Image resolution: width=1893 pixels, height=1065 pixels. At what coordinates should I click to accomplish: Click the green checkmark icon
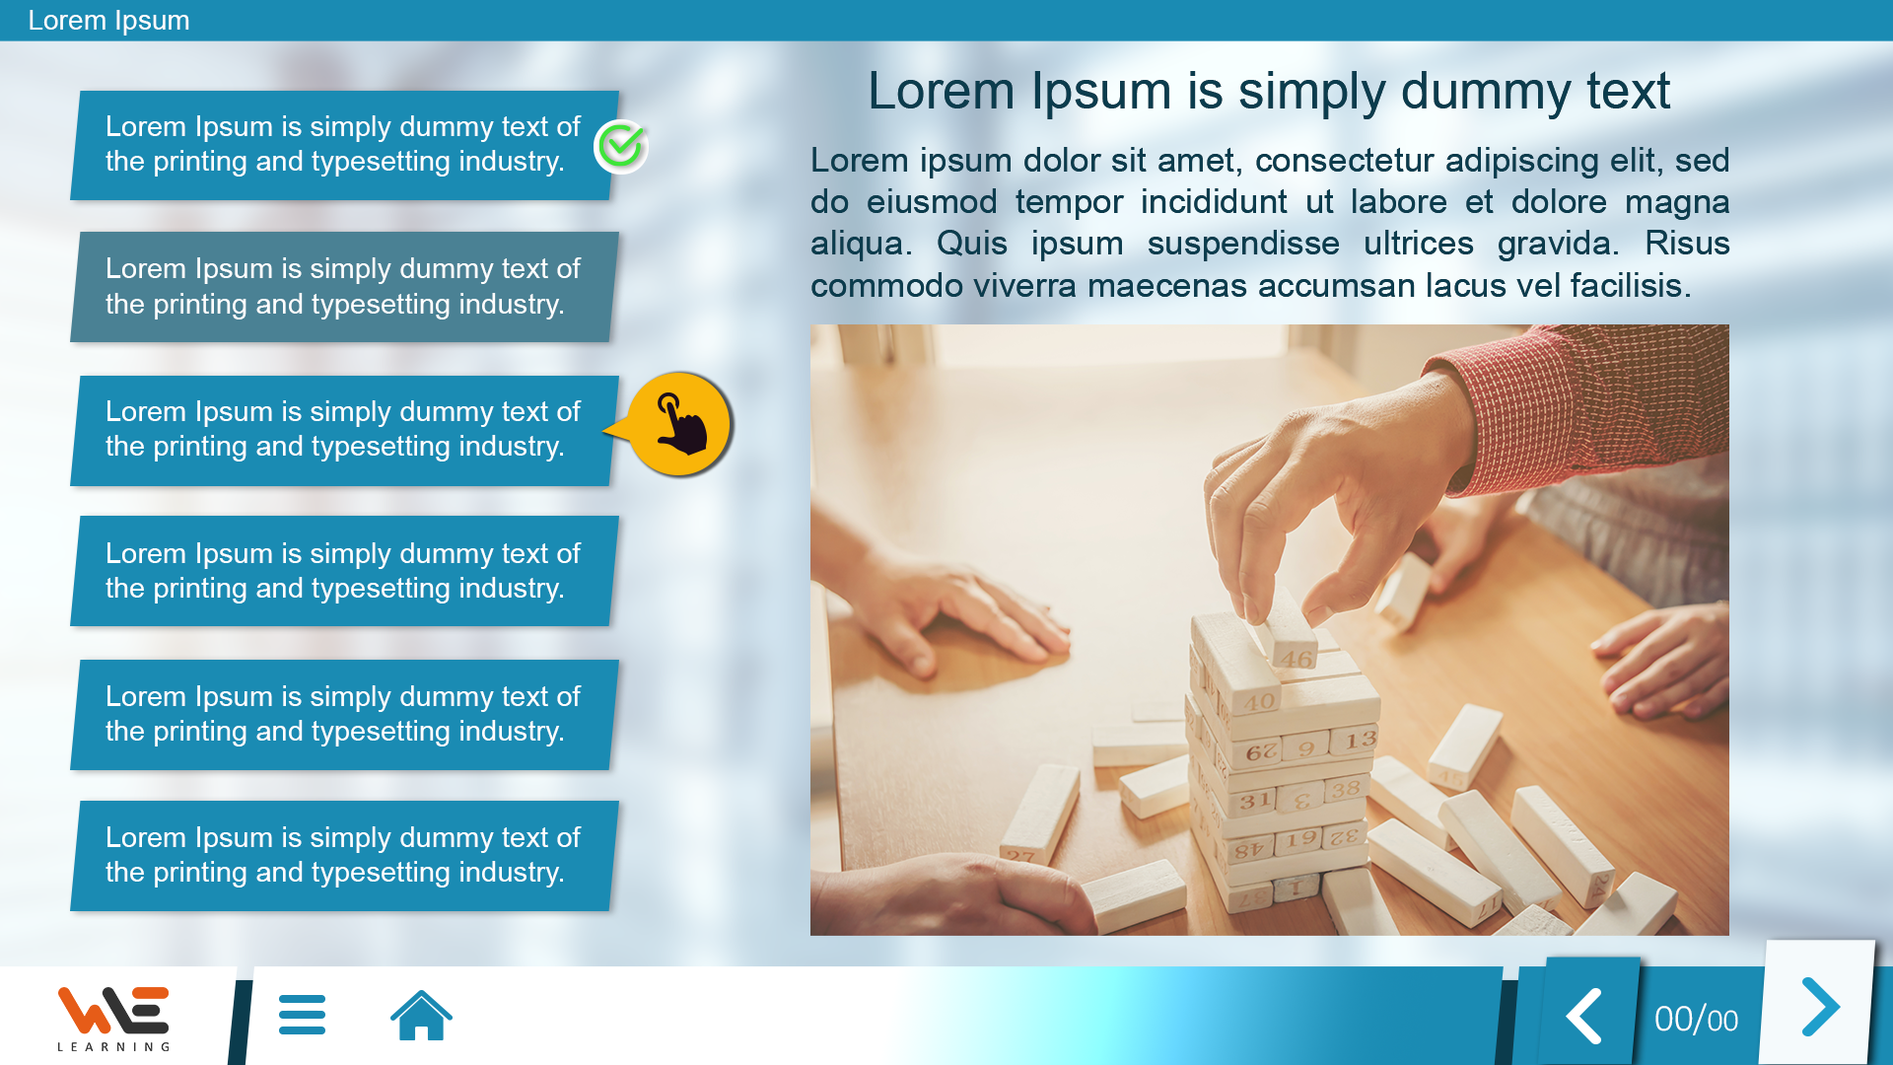621,146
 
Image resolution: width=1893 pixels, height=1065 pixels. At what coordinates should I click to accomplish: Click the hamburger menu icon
302,1015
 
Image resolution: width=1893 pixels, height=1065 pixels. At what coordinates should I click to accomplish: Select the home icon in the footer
421,1015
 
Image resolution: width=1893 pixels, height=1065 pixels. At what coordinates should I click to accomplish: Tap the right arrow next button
1819,1006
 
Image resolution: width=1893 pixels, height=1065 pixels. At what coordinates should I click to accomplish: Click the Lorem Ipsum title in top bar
108,20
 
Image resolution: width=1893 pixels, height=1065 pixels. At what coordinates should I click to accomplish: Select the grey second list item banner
344,287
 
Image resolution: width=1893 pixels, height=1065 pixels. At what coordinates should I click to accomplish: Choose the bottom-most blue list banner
344,856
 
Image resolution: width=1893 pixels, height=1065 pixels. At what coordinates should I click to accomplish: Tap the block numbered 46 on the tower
1295,656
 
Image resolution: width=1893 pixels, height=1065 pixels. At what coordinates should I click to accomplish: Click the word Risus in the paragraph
1687,244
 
